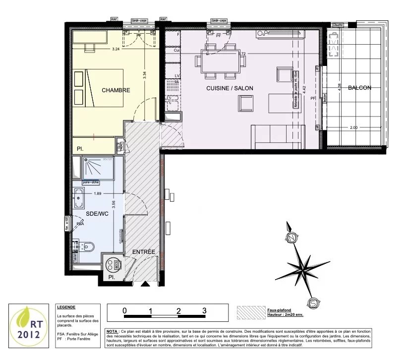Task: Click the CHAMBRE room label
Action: coord(116,90)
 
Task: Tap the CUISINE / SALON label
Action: coord(230,88)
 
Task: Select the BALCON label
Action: coord(359,88)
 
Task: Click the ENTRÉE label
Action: coord(144,252)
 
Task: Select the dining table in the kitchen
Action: coord(222,61)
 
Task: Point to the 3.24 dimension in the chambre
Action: coord(116,49)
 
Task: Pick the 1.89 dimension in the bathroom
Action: coord(97,193)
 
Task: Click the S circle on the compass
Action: coord(313,303)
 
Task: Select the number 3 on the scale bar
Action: coord(204,310)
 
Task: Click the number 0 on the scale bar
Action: coord(125,310)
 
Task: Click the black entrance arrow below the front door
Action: coord(145,285)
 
